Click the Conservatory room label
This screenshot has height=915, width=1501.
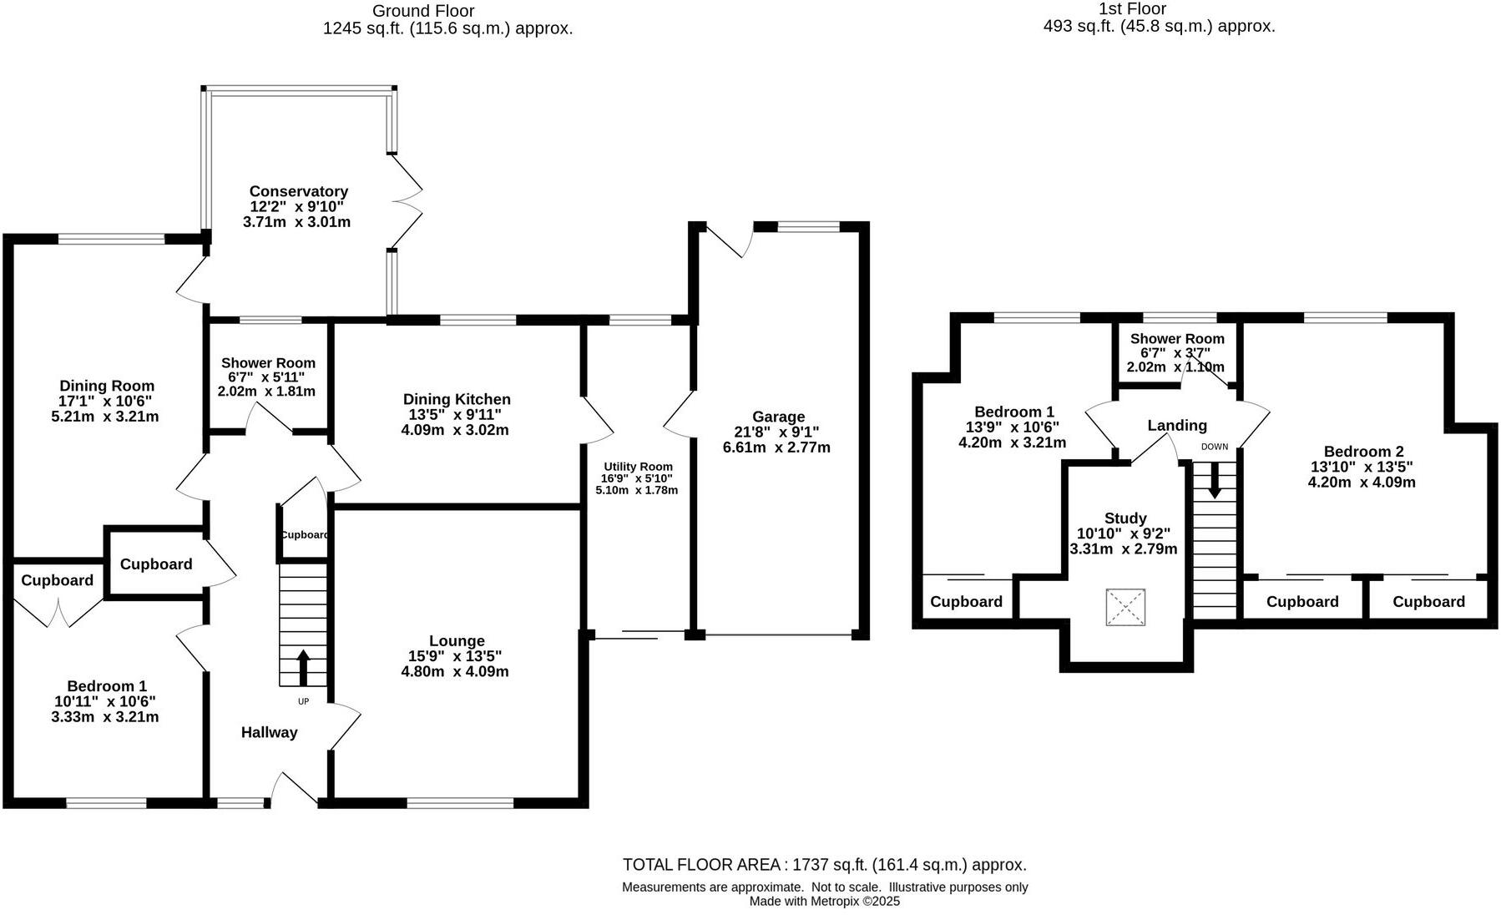(x=298, y=192)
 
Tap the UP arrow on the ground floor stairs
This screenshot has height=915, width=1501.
(x=303, y=667)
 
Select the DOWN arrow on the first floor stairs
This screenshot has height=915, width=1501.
(x=1215, y=481)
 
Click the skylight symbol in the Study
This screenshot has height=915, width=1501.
(x=1124, y=607)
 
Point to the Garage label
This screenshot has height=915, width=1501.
(x=778, y=417)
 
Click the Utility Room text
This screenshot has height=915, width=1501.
(x=638, y=467)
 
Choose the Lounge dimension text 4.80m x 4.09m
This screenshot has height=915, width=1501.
(x=455, y=671)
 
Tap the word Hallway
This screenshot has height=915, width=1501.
(x=269, y=732)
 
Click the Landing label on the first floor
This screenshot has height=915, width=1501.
(x=1176, y=426)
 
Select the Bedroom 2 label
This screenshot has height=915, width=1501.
(x=1362, y=452)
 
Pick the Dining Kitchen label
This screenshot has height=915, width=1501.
(x=456, y=400)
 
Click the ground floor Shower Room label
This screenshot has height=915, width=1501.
(x=268, y=363)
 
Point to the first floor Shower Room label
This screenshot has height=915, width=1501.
(x=1177, y=339)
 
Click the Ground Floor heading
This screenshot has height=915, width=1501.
(x=423, y=11)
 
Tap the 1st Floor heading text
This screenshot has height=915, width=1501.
(x=1133, y=9)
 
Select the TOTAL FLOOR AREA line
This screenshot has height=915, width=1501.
(x=824, y=865)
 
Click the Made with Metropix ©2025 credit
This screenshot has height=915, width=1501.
(x=824, y=901)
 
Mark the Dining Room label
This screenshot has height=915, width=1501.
(x=107, y=386)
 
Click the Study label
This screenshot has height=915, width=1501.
(x=1124, y=518)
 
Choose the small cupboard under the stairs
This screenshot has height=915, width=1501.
(x=304, y=534)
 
